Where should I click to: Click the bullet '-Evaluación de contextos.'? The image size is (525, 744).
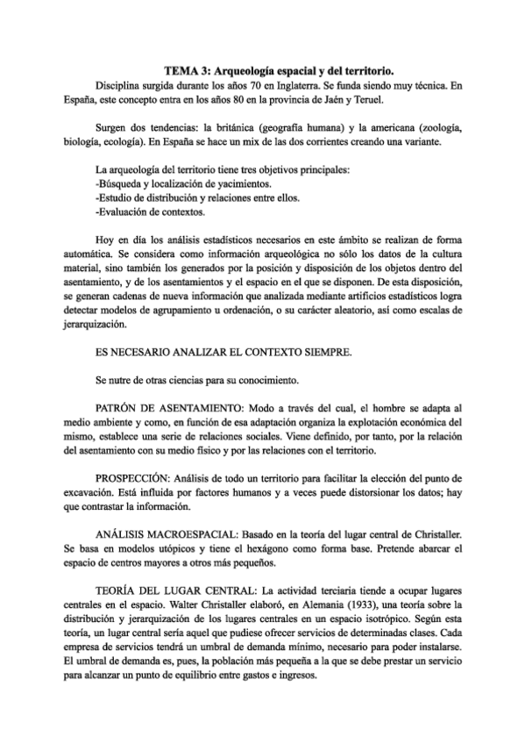click(x=148, y=212)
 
